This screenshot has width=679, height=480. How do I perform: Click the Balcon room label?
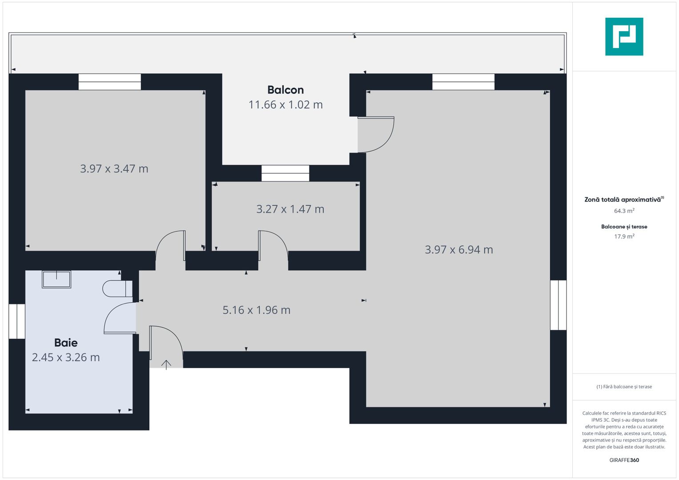(x=285, y=90)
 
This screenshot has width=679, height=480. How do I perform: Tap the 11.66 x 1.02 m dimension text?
(x=285, y=105)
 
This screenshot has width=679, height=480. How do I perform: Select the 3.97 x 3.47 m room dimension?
(x=114, y=169)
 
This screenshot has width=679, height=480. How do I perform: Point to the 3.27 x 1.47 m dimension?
(x=290, y=209)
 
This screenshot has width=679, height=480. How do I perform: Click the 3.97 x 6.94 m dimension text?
(x=459, y=250)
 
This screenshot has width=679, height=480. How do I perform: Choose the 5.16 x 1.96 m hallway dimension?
(x=257, y=310)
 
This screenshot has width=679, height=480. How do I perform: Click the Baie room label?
(x=66, y=343)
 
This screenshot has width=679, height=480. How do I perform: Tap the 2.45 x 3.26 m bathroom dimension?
(x=66, y=357)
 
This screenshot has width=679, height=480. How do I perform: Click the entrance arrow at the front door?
(x=166, y=364)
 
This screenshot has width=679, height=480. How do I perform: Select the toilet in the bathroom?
(x=117, y=288)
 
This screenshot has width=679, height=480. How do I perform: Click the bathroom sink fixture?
(x=56, y=279)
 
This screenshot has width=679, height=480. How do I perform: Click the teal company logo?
(x=624, y=36)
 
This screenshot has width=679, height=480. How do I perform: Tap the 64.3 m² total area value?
(x=624, y=211)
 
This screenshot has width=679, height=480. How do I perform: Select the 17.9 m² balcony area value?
(x=624, y=236)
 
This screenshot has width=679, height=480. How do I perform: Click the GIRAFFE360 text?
(x=624, y=460)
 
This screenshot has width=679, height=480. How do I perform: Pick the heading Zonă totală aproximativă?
(x=623, y=200)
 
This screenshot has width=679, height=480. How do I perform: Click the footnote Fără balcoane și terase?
(x=624, y=387)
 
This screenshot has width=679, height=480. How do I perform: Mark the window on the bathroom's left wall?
(x=17, y=321)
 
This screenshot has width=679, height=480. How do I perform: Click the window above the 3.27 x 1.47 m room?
(x=285, y=173)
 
